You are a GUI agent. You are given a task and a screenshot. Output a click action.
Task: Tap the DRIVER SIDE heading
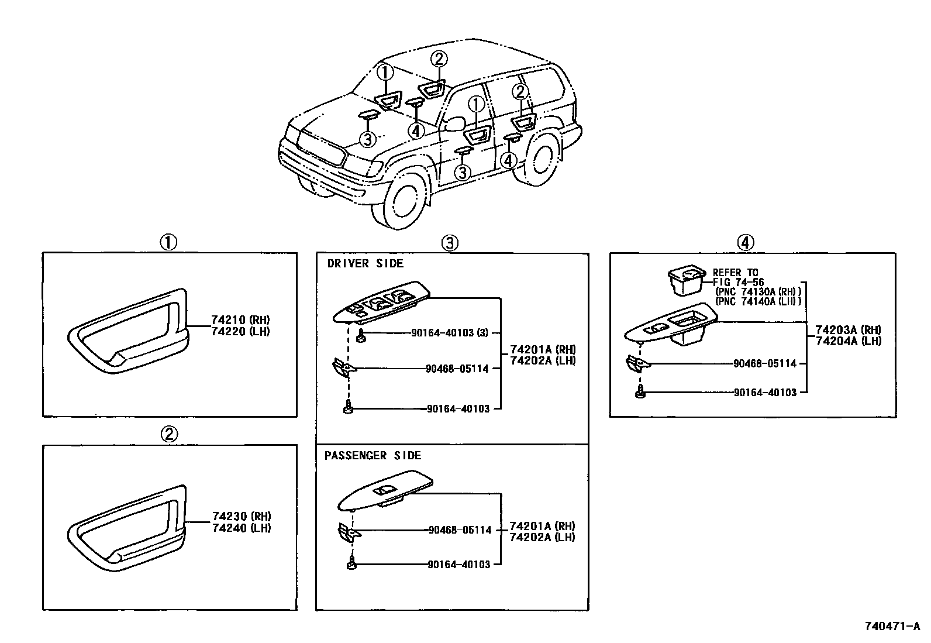click(x=365, y=264)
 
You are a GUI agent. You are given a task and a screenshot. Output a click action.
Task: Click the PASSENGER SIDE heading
click(x=373, y=456)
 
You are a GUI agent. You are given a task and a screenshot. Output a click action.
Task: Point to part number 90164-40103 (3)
click(x=450, y=333)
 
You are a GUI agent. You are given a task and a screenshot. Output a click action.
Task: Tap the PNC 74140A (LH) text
click(x=758, y=301)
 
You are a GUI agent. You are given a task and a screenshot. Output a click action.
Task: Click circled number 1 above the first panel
click(x=168, y=242)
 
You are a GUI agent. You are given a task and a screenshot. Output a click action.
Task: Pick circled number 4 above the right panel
click(x=745, y=242)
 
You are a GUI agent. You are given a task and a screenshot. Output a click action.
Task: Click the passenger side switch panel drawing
click(x=386, y=493)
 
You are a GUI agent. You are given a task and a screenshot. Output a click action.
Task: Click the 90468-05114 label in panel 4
click(x=765, y=363)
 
